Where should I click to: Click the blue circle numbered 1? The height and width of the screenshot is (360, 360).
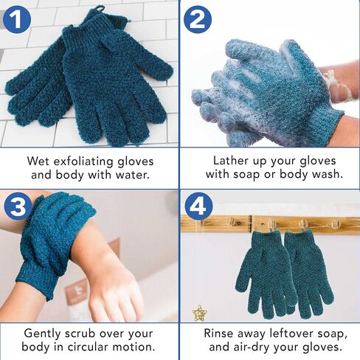17,18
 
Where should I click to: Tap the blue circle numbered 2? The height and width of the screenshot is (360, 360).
198,18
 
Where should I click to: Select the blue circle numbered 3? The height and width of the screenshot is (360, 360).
18,206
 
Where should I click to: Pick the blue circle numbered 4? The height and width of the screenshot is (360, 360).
198,206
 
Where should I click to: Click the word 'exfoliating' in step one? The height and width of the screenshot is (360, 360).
83,162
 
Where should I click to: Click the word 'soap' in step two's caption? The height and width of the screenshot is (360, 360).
246,174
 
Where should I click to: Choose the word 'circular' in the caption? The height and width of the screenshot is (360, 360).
88,347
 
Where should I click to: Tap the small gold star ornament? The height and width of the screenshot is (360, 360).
199,313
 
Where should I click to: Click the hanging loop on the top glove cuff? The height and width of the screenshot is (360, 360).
97,10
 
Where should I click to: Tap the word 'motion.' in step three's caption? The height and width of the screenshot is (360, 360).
134,347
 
